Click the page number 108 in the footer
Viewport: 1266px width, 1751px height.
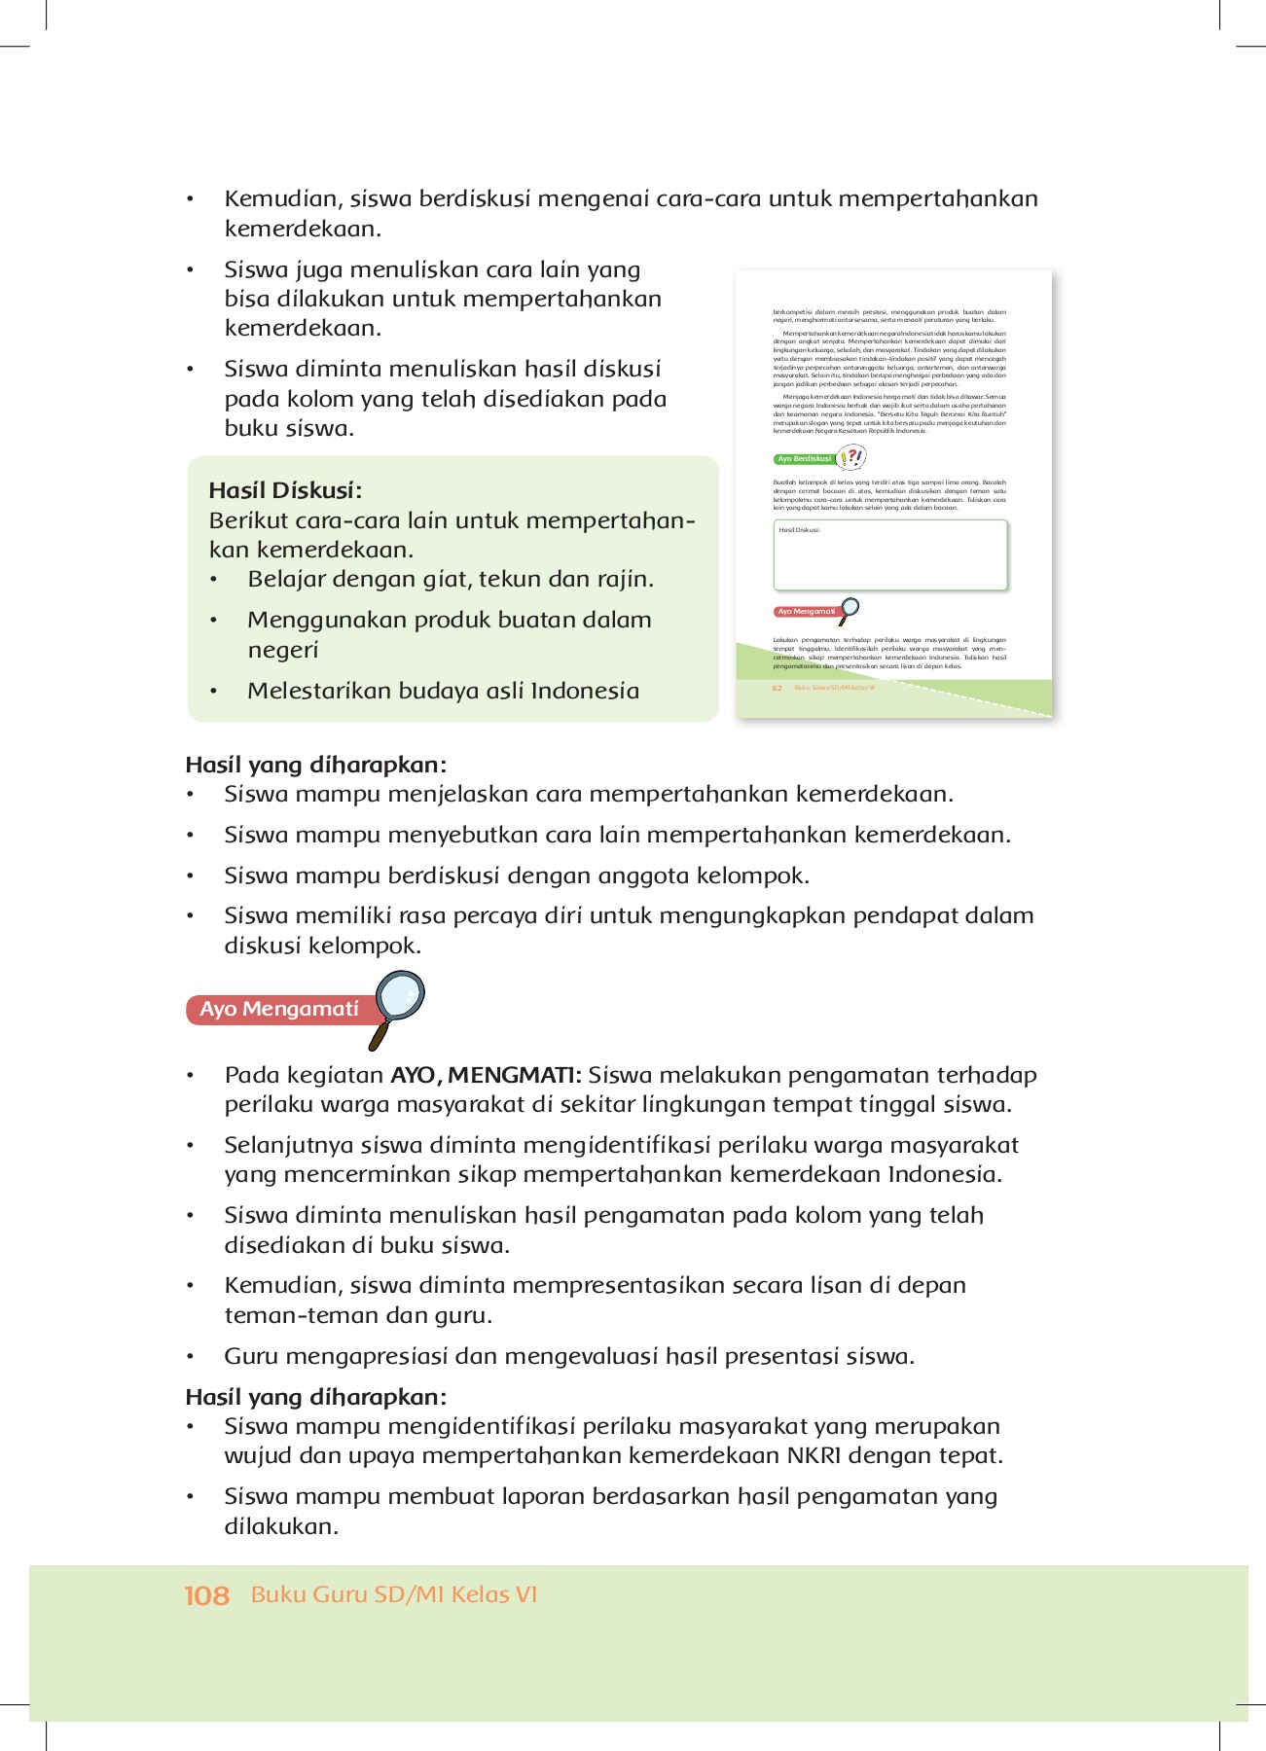click(206, 1595)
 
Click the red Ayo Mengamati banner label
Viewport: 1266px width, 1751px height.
click(278, 1009)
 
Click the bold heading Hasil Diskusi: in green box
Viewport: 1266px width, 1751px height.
click(285, 490)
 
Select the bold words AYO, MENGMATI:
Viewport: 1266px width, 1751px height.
click(486, 1075)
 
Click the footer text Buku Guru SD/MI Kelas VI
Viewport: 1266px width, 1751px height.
click(393, 1594)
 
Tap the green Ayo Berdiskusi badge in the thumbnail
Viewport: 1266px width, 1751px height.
click(804, 458)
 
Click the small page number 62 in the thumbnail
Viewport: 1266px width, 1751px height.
click(777, 688)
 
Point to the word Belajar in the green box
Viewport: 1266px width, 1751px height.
click(286, 579)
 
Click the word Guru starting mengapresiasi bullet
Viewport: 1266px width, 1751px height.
click(251, 1356)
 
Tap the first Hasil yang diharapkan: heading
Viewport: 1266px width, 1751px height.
click(315, 765)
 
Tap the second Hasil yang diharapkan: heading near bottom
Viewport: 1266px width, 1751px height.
click(315, 1397)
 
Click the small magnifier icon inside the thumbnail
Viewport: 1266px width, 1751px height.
click(850, 609)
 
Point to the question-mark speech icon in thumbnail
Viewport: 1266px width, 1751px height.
click(851, 456)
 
